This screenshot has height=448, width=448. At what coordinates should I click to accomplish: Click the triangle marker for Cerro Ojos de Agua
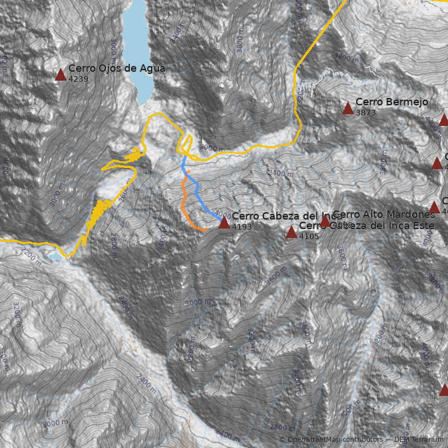click(60, 75)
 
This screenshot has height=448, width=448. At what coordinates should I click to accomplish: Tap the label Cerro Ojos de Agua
click(116, 68)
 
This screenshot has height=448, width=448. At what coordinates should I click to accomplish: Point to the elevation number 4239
click(78, 79)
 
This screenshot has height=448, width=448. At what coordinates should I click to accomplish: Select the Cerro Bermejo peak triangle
click(348, 109)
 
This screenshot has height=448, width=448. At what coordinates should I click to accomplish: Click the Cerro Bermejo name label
click(391, 102)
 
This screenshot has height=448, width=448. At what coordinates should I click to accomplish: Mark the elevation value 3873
click(365, 113)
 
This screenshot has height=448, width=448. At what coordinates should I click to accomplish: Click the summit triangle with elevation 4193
click(224, 223)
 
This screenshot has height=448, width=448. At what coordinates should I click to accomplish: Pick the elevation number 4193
click(242, 227)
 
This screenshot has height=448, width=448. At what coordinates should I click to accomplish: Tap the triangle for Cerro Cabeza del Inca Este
click(291, 232)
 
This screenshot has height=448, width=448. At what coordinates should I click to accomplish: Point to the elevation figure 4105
click(309, 236)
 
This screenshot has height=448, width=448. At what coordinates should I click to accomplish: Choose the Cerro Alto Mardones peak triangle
click(325, 222)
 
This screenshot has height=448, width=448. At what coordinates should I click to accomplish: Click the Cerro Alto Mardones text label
click(384, 214)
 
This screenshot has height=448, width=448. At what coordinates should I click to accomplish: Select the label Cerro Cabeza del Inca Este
click(367, 226)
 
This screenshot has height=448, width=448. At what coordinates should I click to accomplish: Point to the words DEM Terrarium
click(419, 440)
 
